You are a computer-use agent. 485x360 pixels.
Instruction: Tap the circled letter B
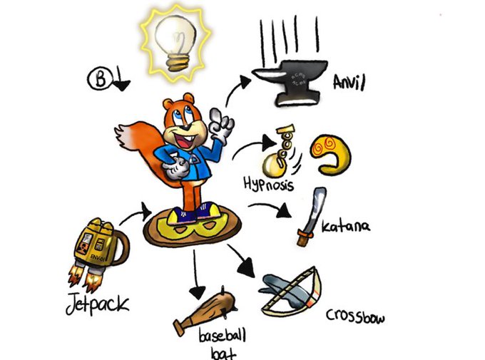100,78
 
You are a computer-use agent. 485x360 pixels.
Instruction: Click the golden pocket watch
272,165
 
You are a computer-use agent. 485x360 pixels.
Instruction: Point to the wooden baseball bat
200,312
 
